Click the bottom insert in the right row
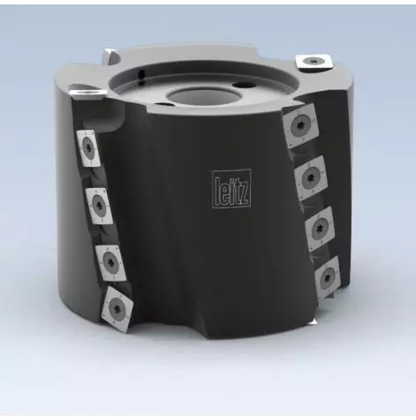(325, 275)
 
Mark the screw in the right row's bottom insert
(325, 276)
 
